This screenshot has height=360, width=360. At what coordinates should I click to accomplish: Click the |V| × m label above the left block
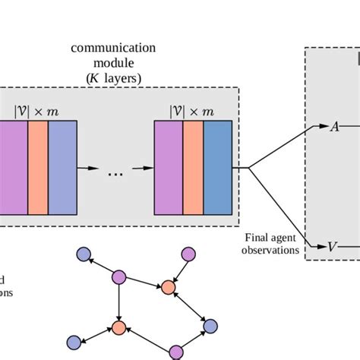pyautogui.click(x=37, y=111)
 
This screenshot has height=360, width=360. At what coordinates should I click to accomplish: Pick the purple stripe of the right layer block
pyautogui.click(x=168, y=168)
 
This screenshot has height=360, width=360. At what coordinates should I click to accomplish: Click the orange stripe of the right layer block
pyautogui.click(x=193, y=168)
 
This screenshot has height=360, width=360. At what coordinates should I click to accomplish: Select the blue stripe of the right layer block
pyautogui.click(x=217, y=168)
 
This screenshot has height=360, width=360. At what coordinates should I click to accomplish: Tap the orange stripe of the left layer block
pyautogui.click(x=37, y=168)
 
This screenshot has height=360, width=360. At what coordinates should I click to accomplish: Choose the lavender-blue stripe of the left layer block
pyautogui.click(x=62, y=168)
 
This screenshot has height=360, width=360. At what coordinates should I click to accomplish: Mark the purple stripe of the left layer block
pyautogui.click(x=13, y=168)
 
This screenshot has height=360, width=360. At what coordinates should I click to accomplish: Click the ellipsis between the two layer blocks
pyautogui.click(x=115, y=174)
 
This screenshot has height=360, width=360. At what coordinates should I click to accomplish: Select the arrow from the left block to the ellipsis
pyautogui.click(x=89, y=168)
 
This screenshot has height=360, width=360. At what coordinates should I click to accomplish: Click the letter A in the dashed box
pyautogui.click(x=333, y=127)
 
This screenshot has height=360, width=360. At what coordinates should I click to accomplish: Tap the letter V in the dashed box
pyautogui.click(x=332, y=246)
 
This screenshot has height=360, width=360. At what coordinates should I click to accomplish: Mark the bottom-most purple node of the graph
pyautogui.click(x=176, y=351)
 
